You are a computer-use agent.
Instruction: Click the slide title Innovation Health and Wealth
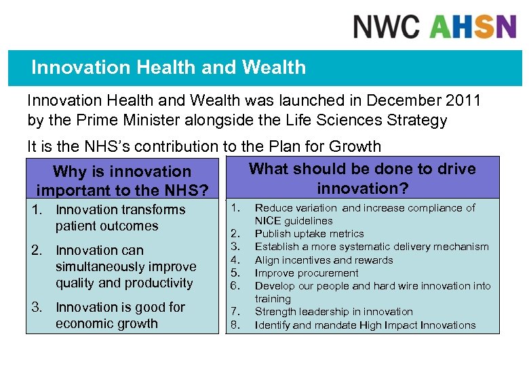[169, 68]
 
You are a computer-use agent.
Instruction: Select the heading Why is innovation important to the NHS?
[122, 181]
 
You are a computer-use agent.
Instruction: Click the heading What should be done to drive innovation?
[362, 178]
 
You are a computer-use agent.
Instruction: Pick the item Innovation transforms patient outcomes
[120, 218]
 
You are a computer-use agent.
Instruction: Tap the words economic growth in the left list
[106, 323]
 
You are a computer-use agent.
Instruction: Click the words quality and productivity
[124, 283]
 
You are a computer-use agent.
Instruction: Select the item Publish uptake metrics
[300, 234]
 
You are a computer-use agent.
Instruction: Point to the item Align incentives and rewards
[324, 260]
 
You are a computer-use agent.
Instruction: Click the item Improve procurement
[307, 273]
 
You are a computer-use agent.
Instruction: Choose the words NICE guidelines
[294, 221]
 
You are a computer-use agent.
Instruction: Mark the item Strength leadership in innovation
[334, 312]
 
